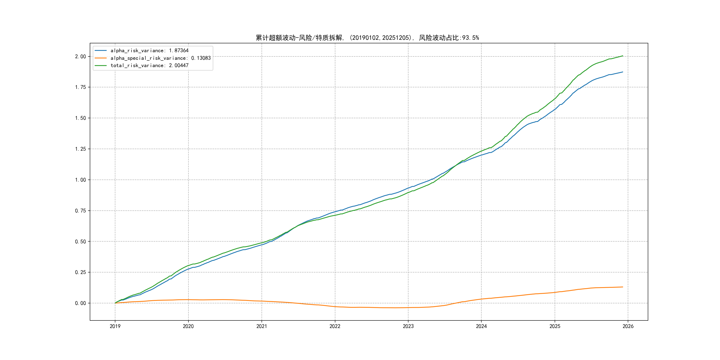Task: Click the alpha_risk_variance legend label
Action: pos(150,51)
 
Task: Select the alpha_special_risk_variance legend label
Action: pos(160,58)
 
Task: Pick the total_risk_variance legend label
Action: pos(150,65)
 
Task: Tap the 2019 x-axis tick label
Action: pos(115,326)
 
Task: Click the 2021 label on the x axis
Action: pos(262,326)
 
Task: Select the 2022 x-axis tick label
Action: pos(335,326)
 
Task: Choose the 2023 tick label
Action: pos(408,326)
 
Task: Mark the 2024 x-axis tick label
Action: pos(481,326)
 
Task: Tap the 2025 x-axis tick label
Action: pos(555,326)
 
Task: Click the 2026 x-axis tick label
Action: pos(628,326)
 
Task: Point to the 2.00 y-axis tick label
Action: pos(80,56)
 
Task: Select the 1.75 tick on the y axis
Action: pos(80,87)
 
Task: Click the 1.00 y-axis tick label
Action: pos(80,180)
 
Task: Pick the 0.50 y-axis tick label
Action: pos(80,242)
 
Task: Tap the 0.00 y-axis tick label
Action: pos(80,303)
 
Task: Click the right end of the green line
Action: pos(623,56)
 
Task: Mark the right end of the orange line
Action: pos(623,287)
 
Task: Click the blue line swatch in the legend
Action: pos(101,51)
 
